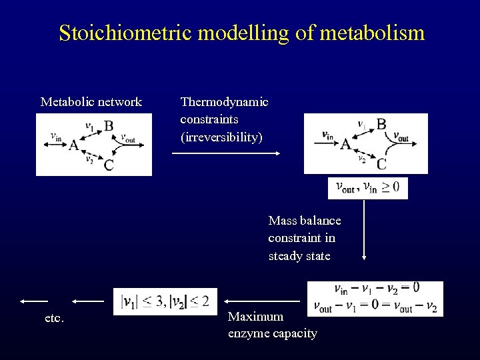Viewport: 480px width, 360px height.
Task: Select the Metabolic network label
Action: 91,102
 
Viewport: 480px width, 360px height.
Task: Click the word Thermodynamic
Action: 224,102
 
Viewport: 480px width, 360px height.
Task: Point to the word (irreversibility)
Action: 221,137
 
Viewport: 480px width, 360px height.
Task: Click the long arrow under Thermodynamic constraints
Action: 225,153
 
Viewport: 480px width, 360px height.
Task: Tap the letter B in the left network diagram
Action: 109,126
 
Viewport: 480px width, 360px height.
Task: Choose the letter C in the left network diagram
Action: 108,165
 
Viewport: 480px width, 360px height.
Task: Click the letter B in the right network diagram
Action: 381,124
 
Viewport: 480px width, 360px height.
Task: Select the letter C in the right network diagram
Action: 381,163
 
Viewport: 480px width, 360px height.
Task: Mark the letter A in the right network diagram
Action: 345,145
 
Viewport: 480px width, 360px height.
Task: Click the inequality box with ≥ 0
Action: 368,188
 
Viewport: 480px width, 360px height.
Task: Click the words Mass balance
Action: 304,221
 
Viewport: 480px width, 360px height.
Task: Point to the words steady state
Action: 299,255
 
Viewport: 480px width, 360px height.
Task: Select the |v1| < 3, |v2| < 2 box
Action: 165,301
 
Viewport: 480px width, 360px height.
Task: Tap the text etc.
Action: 55,318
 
